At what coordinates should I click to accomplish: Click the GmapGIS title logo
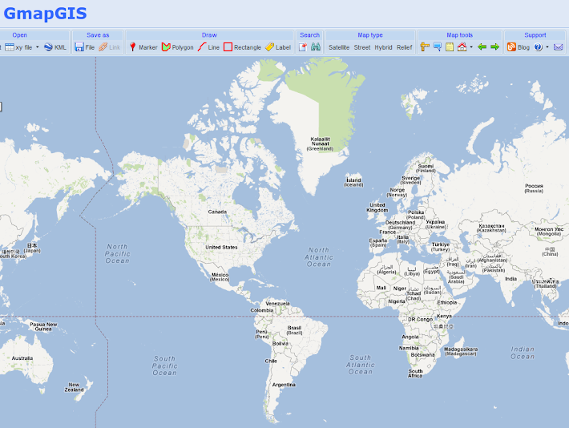coord(45,13)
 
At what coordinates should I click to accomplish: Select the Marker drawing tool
coord(143,47)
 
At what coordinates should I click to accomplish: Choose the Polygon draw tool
coord(178,47)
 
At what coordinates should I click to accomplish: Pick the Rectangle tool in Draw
coord(242,47)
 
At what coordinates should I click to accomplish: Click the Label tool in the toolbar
coord(278,47)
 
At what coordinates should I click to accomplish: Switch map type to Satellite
coord(339,47)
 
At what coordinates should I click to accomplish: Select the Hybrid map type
coord(383,47)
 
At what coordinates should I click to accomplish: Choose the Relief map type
coord(404,47)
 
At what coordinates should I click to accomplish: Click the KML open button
coord(55,47)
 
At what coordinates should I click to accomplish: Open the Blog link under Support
coord(518,47)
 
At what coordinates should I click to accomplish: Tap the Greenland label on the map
coord(321,143)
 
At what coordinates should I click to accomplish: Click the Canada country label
coord(217,212)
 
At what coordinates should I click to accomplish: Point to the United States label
coord(221,247)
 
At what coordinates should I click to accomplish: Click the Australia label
coord(22,358)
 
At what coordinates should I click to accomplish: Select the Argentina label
coord(284,385)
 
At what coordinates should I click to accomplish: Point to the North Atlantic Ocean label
coord(318,256)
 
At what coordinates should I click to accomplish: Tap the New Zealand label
coord(74,387)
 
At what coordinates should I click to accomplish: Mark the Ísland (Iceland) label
coord(353,181)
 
